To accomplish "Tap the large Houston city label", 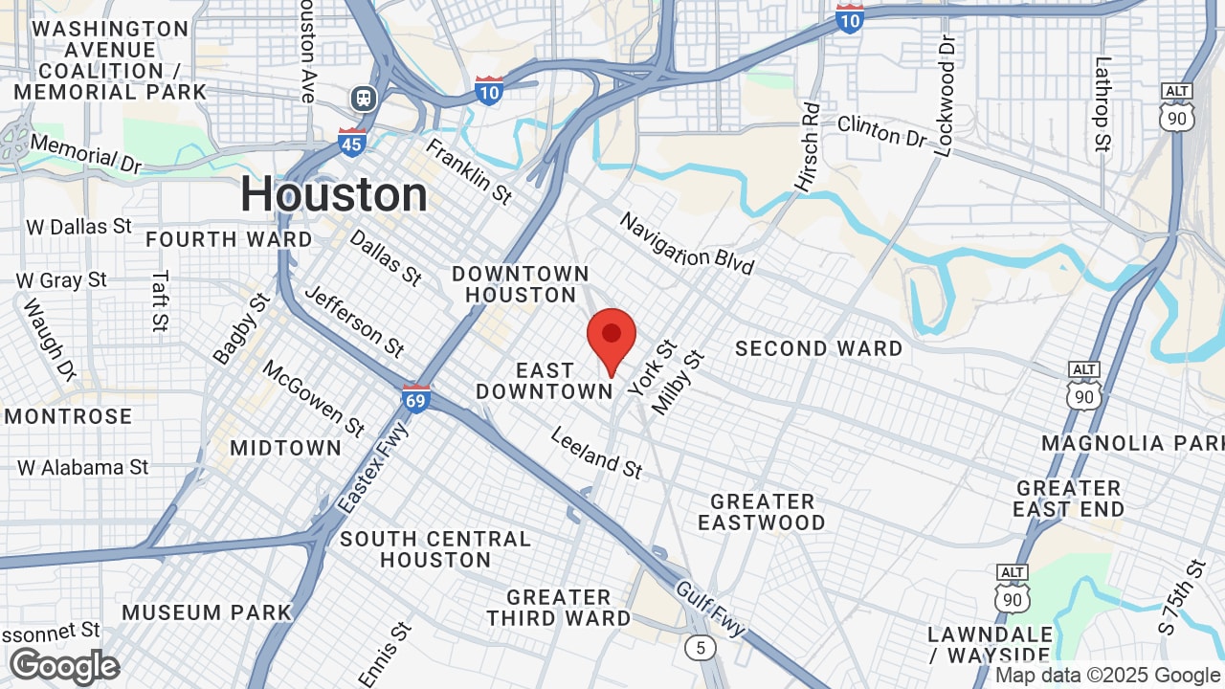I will point(334,194).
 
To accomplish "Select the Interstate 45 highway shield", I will point(352,143).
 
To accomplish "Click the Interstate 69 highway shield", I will point(416,398).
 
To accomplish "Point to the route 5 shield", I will point(701,648).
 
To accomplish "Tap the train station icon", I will point(364,98).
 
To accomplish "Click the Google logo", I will point(64,666).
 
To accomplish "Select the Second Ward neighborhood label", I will point(818,348).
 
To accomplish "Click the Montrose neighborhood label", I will point(69,416).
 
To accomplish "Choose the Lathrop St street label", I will point(1103,104).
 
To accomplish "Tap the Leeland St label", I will point(596,453).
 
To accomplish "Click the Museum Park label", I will point(207,612).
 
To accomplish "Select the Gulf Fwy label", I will point(710,609).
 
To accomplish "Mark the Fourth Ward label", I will point(229,239).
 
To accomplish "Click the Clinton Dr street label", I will point(881,131).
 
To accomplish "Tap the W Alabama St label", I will point(83,467).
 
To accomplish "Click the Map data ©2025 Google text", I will point(1108,676).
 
